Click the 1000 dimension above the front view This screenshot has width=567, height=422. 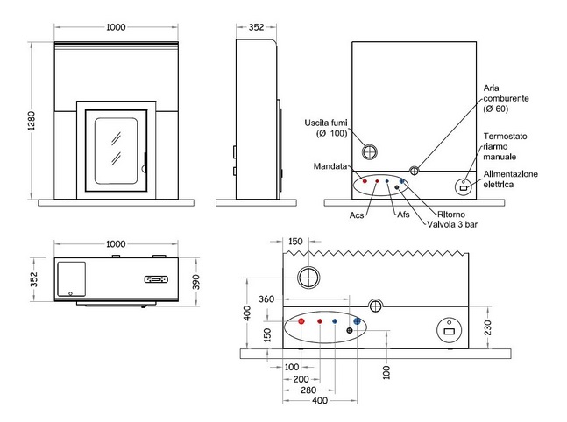click(x=116, y=27)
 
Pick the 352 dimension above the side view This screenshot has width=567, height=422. click(x=256, y=27)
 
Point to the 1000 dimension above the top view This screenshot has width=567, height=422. click(x=116, y=243)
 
